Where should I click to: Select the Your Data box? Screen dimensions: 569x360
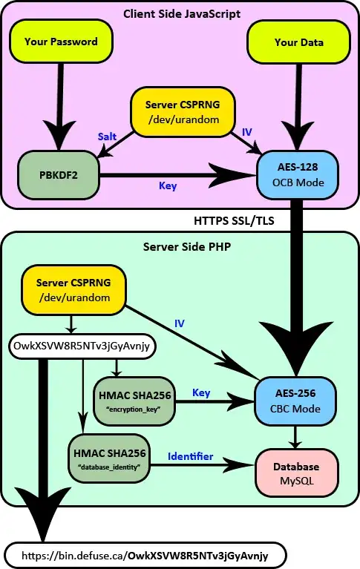pos(298,42)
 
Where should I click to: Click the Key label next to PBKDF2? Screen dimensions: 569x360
pos(168,186)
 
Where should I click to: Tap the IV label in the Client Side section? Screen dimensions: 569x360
pos(247,131)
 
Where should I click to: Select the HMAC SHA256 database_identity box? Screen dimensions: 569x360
pos(109,457)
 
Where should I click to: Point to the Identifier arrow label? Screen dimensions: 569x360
pos(190,456)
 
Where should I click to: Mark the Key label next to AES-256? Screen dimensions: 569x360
pos(201,392)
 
